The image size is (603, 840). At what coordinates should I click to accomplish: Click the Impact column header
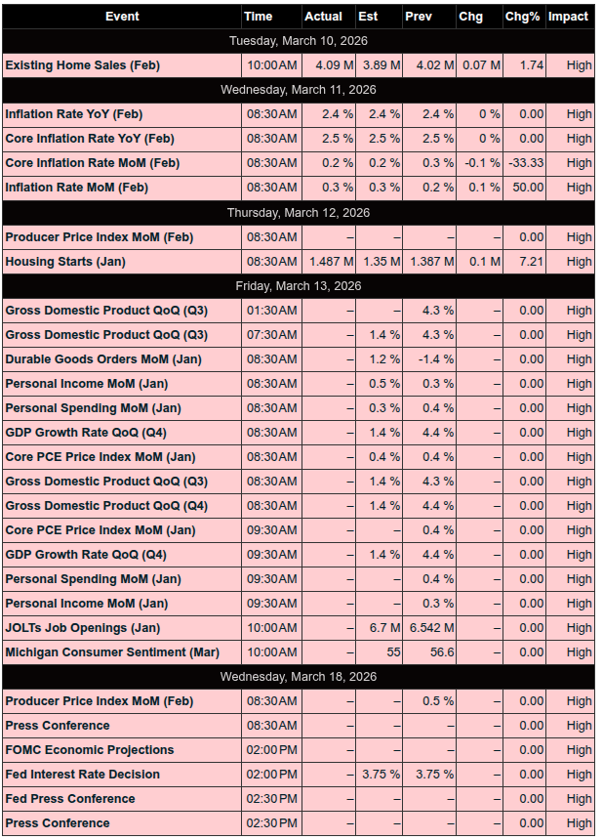(568, 17)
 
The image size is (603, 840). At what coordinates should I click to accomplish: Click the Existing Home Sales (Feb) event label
(82, 65)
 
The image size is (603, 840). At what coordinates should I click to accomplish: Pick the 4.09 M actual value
(322, 65)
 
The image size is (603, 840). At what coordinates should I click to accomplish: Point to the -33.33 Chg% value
(526, 163)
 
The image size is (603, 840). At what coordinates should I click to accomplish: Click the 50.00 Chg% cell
(529, 188)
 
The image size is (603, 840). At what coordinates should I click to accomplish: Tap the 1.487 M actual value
(325, 262)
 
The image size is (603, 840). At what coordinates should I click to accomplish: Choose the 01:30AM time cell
(271, 311)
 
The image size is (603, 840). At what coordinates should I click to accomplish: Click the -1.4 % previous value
(433, 359)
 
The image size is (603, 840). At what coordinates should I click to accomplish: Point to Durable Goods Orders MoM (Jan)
(103, 359)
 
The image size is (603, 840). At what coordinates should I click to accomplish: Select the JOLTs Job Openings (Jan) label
(83, 628)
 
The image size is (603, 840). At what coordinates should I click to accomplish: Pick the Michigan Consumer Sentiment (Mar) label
(112, 652)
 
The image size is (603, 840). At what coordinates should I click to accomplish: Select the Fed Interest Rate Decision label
(82, 775)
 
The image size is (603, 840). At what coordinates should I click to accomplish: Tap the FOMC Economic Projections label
(90, 750)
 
